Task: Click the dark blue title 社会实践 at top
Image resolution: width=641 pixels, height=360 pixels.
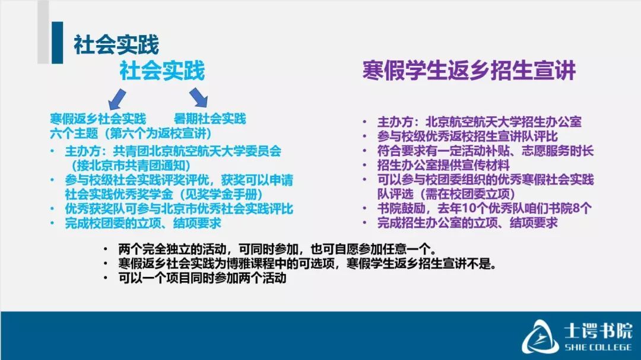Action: [x=116, y=45]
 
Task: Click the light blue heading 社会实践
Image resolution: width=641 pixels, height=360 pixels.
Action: [x=162, y=71]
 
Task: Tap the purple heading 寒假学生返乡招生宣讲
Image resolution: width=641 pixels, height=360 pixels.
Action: [x=469, y=70]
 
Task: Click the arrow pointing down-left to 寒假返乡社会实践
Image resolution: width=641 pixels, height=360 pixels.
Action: [x=117, y=98]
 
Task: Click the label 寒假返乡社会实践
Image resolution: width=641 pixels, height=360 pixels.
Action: [x=98, y=119]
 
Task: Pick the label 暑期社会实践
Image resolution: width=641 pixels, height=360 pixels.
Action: [x=210, y=119]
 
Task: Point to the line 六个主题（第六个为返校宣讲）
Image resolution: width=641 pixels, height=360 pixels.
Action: [x=131, y=133]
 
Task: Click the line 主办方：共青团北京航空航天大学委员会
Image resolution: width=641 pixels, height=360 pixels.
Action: [x=173, y=151]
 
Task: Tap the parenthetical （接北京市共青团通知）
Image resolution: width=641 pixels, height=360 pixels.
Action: [x=131, y=165]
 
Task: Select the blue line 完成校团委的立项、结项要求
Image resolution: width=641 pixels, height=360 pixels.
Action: [x=142, y=223]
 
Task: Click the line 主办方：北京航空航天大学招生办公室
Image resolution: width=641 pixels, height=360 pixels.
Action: [x=479, y=122]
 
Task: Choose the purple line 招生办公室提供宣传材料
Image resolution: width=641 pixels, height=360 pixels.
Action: [x=443, y=165]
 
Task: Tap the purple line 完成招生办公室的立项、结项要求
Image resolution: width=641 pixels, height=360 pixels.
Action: [x=467, y=222]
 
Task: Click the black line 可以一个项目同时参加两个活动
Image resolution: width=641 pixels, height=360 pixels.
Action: [x=202, y=278]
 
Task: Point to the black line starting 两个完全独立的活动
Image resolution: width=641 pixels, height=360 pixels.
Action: [x=277, y=249]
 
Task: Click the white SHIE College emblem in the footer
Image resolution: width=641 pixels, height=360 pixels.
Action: [x=540, y=336]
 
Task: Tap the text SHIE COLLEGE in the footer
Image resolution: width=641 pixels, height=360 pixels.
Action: [x=598, y=348]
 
